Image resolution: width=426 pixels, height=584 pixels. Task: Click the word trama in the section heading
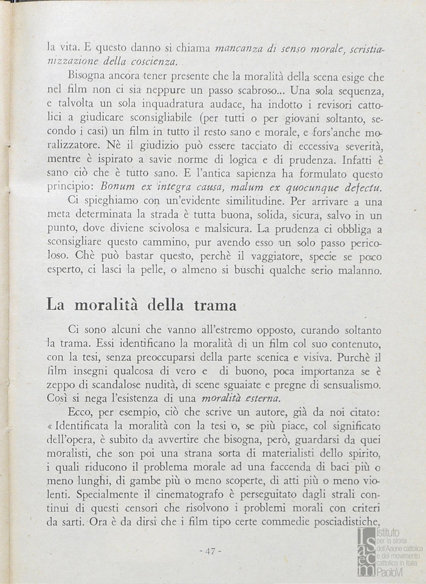(x=215, y=306)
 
